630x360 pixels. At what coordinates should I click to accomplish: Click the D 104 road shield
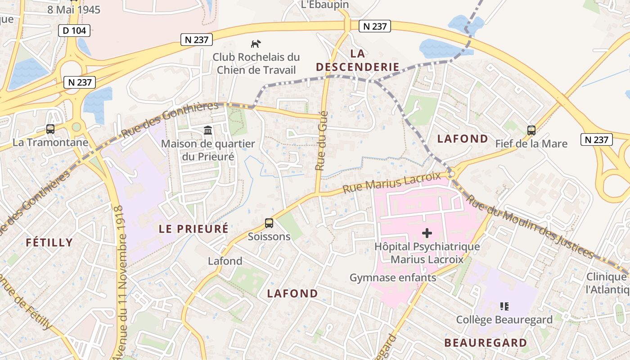(74, 31)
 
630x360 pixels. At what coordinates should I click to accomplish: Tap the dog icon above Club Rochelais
(256, 44)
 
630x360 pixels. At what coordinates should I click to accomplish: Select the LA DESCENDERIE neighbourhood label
(358, 60)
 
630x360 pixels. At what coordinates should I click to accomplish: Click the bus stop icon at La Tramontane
(50, 129)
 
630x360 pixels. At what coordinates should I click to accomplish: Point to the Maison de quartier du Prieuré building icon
(208, 130)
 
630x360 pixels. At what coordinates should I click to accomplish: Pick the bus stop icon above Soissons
(269, 223)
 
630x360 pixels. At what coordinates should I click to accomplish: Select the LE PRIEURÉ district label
(193, 229)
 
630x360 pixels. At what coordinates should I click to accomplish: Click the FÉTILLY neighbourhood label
(49, 243)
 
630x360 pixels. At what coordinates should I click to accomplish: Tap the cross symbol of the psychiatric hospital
(427, 233)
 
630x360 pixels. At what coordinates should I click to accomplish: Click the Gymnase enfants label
(393, 278)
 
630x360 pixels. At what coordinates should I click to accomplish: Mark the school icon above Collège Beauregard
(504, 306)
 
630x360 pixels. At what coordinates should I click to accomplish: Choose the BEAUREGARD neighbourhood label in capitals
(486, 342)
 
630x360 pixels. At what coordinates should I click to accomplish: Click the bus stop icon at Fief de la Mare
(531, 130)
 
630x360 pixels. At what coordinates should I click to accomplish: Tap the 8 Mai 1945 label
(74, 9)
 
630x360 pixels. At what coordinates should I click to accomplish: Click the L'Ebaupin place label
(319, 4)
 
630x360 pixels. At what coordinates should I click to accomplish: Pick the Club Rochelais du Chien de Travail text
(256, 63)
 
